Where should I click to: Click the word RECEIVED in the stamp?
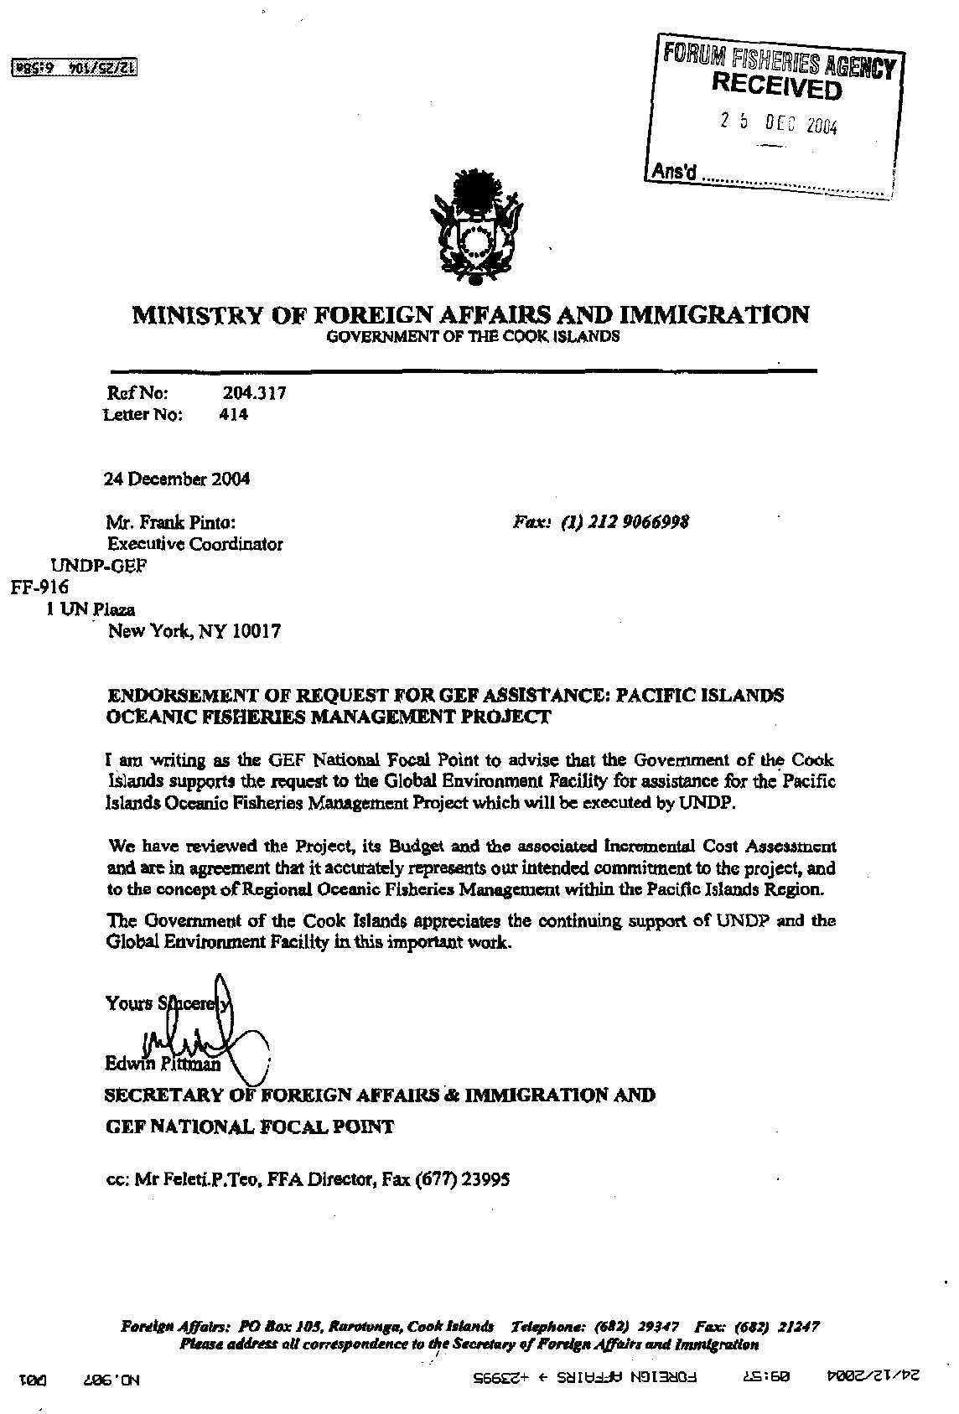pos(776,85)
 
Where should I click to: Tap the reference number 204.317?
pos(255,391)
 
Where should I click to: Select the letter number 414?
pos(232,414)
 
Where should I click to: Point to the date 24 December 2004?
pos(176,479)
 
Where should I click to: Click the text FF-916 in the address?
pos(39,587)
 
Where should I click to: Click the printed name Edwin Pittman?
pos(163,1065)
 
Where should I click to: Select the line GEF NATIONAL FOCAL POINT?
pos(249,1127)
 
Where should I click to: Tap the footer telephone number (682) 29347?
pos(642,1327)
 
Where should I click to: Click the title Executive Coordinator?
pos(195,544)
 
